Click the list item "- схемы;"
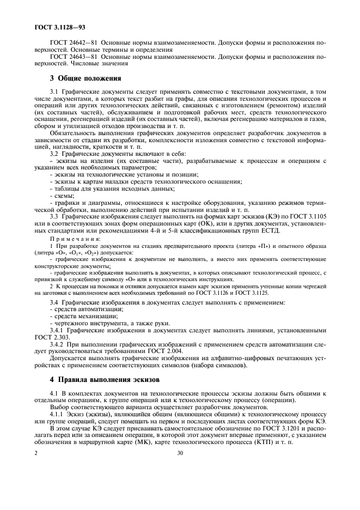(x=62, y=195)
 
